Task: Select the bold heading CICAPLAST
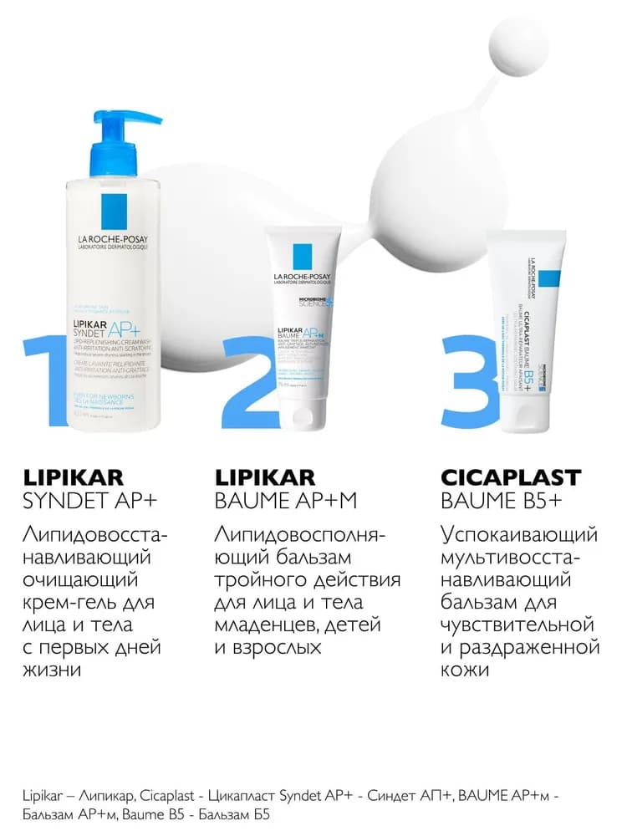point(510,478)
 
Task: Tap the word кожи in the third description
point(468,670)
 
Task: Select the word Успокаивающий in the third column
point(518,534)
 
